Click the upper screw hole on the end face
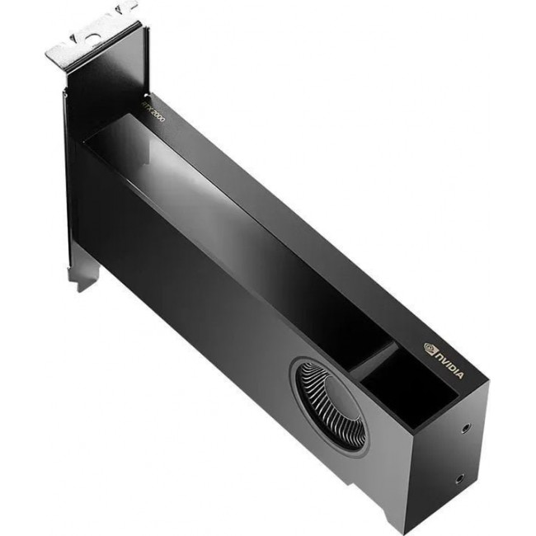coord(468,429)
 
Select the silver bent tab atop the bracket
coord(91,37)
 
